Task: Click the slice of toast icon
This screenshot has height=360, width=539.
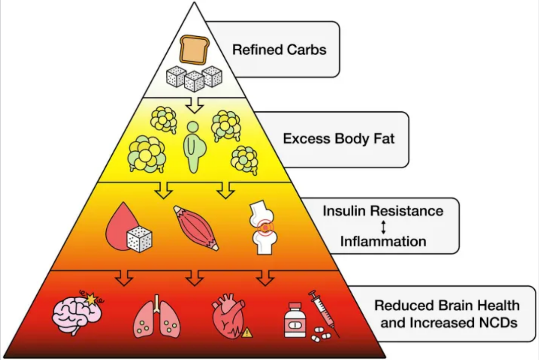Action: tap(194, 50)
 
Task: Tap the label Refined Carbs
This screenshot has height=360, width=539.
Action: tap(279, 50)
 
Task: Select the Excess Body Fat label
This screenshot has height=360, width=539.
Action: tap(339, 139)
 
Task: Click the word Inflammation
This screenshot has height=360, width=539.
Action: tap(383, 241)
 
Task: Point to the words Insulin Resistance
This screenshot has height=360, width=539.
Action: tap(383, 211)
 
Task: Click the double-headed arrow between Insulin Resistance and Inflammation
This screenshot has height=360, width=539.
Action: tap(384, 227)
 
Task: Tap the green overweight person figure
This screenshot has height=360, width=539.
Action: tap(194, 147)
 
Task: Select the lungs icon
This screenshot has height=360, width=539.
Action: tap(157, 316)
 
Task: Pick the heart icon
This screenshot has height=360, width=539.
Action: tap(228, 316)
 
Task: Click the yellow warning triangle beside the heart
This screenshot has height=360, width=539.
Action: tap(247, 333)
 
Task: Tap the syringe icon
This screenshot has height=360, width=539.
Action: tap(324, 314)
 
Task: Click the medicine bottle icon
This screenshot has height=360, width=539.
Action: tap(295, 320)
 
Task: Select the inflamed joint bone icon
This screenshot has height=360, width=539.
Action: tap(263, 227)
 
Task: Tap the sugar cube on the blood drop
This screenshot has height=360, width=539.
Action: tap(140, 239)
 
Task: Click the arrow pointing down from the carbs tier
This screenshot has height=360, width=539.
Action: tap(195, 105)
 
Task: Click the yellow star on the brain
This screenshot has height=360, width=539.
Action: tap(92, 299)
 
